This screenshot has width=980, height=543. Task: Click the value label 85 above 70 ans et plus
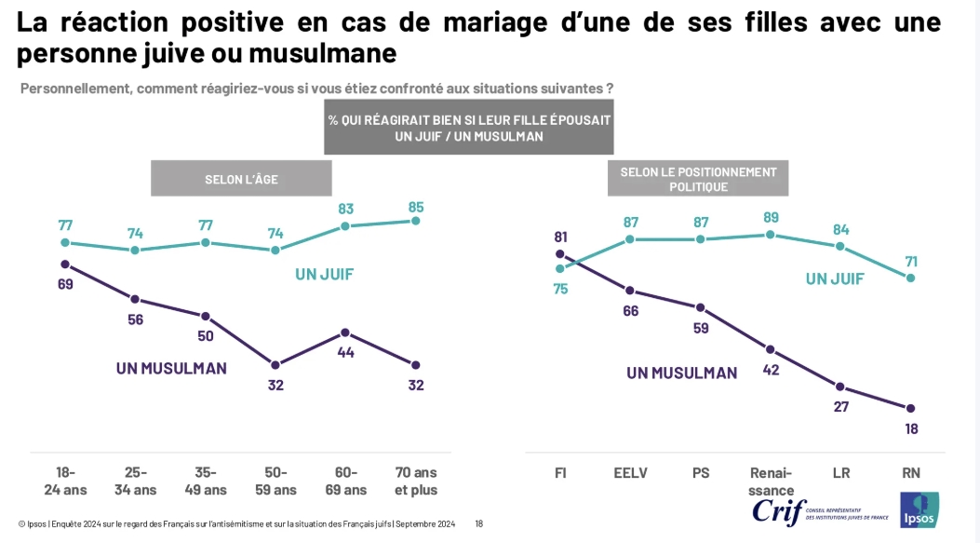tap(415, 206)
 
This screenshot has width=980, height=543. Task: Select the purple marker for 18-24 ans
tap(65, 264)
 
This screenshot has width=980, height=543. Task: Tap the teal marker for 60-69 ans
tap(345, 226)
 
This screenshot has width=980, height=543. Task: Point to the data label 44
tap(345, 352)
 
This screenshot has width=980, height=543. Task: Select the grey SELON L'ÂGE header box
tap(241, 179)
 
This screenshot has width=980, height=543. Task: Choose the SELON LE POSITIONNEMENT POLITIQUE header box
tap(698, 179)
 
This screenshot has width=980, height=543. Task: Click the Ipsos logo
tap(919, 509)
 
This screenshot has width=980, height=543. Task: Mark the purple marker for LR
tap(840, 387)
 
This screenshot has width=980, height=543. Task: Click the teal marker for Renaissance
tap(771, 235)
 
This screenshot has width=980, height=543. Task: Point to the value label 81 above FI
tap(560, 237)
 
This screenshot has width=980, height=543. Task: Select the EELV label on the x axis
tap(630, 473)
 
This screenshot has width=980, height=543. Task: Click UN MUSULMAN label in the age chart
tap(171, 368)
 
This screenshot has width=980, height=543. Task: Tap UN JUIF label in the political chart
tap(835, 278)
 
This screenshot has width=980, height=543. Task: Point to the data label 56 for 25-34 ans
tap(136, 319)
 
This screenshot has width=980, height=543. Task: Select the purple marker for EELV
tap(630, 291)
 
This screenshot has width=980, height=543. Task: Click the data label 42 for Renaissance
tap(771, 369)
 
